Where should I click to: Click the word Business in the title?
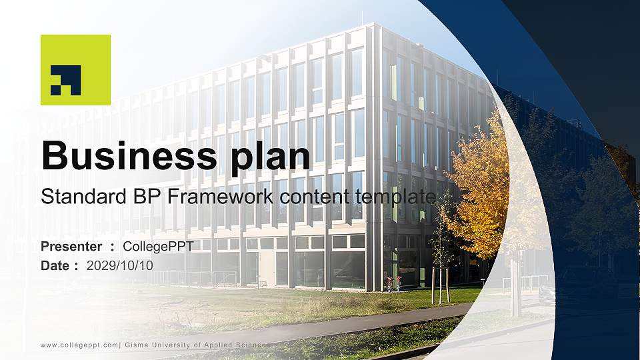[126, 156]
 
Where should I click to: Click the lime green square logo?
[75, 70]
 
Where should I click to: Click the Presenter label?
[71, 247]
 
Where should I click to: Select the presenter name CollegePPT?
[158, 247]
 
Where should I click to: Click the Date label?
[55, 265]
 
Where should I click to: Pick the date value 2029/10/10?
[119, 265]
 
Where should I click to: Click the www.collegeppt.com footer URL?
[79, 345]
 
